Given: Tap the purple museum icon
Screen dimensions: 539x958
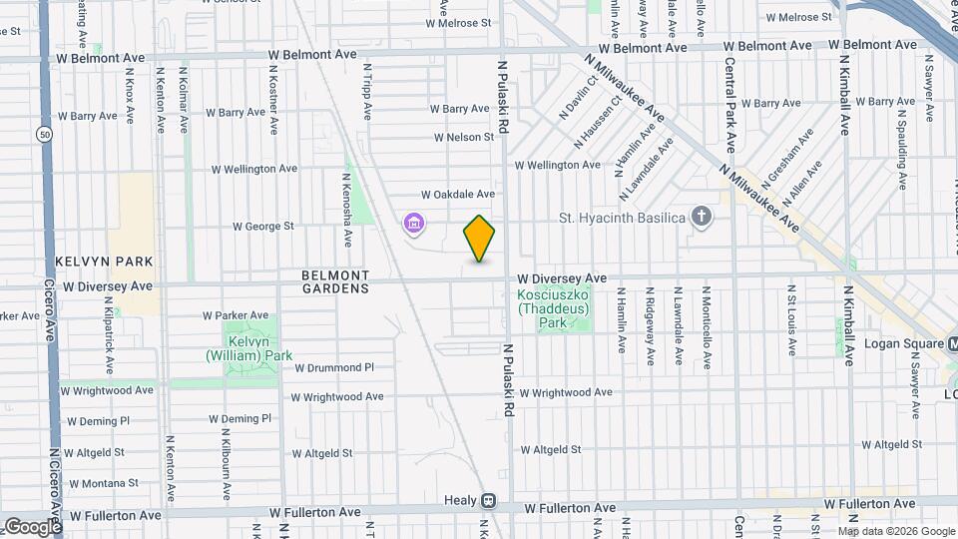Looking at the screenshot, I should (414, 224).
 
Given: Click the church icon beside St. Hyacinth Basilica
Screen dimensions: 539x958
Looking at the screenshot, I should (702, 217).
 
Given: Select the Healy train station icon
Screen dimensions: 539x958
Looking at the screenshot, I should (488, 501).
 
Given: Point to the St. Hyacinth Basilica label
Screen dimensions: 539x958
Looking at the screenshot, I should (622, 218).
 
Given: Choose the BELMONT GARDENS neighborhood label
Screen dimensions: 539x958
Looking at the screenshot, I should (335, 281).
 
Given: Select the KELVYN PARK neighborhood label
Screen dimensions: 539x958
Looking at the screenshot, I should (105, 262).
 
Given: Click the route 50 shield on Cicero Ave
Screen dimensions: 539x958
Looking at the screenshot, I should (43, 134).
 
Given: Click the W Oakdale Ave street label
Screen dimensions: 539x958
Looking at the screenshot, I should (458, 194).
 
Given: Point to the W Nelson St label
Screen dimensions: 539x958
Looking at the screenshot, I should (464, 138).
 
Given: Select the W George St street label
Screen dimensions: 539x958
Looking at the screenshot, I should (263, 227).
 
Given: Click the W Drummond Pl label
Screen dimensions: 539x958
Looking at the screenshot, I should (333, 367).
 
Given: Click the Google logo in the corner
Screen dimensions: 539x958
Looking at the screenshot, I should (32, 526).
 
